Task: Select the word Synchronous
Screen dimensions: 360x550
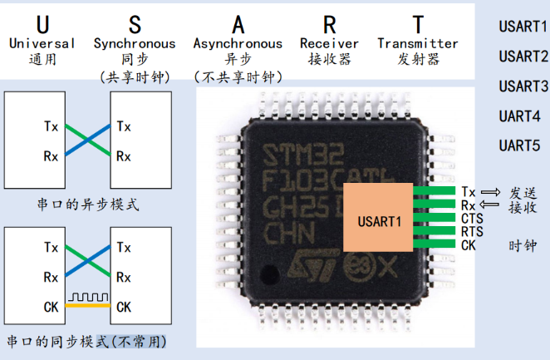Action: click(x=135, y=43)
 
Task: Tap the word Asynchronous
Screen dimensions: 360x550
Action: click(x=238, y=43)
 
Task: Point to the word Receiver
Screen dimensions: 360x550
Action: click(x=330, y=43)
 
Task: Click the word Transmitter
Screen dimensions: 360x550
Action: click(x=417, y=43)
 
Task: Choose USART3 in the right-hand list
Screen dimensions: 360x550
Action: click(x=523, y=86)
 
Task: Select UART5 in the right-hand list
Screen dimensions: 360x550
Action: click(x=520, y=145)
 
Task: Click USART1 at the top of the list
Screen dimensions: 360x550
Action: click(x=523, y=26)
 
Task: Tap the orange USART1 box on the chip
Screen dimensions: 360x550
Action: click(x=379, y=221)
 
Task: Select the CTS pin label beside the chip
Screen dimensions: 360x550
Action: click(x=472, y=218)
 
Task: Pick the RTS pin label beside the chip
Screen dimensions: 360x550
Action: click(x=472, y=231)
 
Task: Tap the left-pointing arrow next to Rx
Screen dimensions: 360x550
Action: click(x=489, y=205)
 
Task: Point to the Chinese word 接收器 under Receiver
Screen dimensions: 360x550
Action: click(x=329, y=60)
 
